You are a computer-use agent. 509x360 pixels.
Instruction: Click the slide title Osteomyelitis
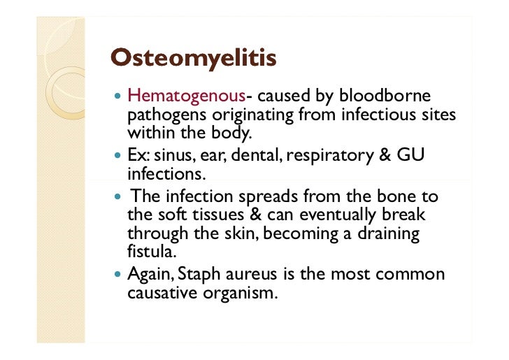pyautogui.click(x=194, y=58)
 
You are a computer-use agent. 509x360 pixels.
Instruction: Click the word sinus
pyautogui.click(x=174, y=154)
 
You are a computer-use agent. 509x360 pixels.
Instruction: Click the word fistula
pyautogui.click(x=149, y=250)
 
